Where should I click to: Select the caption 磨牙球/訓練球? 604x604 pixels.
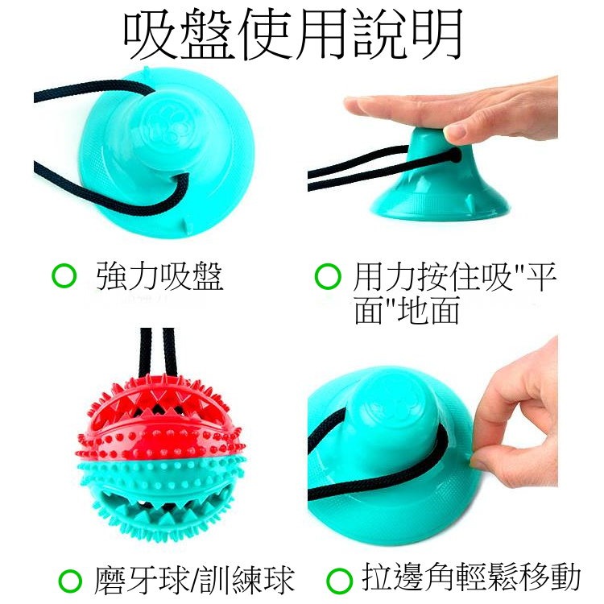pyautogui.click(x=192, y=578)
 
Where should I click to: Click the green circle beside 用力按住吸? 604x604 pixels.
pyautogui.click(x=326, y=277)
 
